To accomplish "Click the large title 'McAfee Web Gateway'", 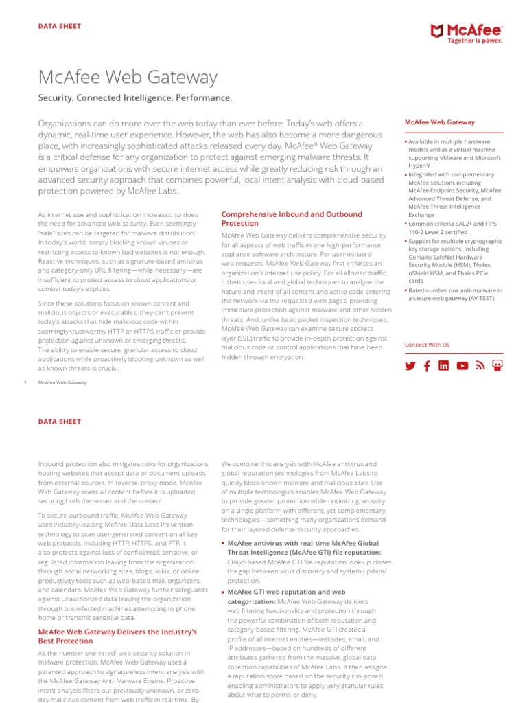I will pos(128,77).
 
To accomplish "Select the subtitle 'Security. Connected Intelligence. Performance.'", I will pos(134,98).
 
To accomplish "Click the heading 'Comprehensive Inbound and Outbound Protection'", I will pos(292,219).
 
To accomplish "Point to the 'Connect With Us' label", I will pos(427,345).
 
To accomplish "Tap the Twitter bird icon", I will pos(410,366).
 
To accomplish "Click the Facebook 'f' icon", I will pos(427,366).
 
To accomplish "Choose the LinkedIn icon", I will pos(444,366).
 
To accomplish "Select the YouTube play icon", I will pos(462,366).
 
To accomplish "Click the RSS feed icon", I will pos(480,366).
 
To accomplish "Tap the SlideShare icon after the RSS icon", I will pos(497,366).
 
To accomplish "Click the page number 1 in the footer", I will pos(25,382).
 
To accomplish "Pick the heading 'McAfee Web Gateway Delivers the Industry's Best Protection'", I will pos(117,636).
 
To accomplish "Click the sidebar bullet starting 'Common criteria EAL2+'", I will pos(453,228).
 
